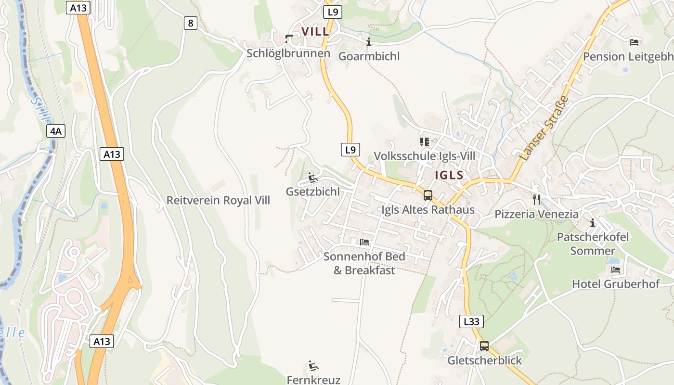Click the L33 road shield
pyautogui.click(x=471, y=321)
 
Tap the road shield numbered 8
pyautogui.click(x=191, y=23)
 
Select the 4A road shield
pyautogui.click(x=56, y=131)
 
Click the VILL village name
pyautogui.click(x=315, y=32)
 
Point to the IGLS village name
pyautogui.click(x=449, y=175)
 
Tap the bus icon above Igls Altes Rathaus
pyautogui.click(x=428, y=195)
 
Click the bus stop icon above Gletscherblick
pyautogui.click(x=484, y=346)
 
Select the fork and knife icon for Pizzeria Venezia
pyautogui.click(x=536, y=199)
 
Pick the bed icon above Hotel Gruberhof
pyautogui.click(x=615, y=269)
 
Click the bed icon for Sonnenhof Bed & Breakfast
pyautogui.click(x=364, y=242)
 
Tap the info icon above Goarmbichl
pyautogui.click(x=369, y=42)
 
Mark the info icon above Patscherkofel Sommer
pyautogui.click(x=593, y=223)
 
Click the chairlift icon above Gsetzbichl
pyautogui.click(x=313, y=178)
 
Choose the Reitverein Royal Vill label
pyautogui.click(x=218, y=200)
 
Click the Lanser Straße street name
pyautogui.click(x=544, y=128)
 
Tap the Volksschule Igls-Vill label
pyautogui.click(x=424, y=156)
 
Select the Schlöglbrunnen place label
pyautogui.click(x=288, y=53)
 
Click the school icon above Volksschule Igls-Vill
pyautogui.click(x=424, y=141)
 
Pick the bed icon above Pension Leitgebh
pyautogui.click(x=634, y=42)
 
